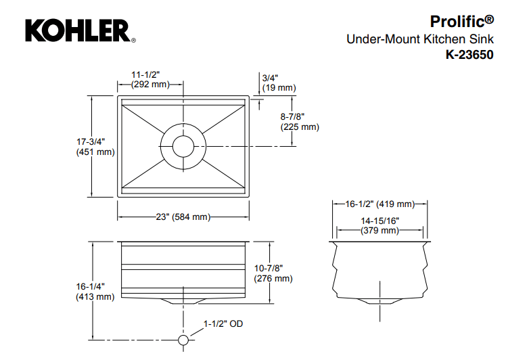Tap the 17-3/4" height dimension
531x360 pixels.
coord(91,141)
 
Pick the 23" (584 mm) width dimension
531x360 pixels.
coord(183,217)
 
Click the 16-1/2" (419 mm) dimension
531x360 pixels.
coord(379,204)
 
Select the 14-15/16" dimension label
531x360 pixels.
coord(379,221)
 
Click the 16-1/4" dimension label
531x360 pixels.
coord(91,286)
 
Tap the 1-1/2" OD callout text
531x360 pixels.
coord(223,325)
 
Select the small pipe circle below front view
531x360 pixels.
coord(182,340)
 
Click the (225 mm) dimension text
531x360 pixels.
coord(300,127)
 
